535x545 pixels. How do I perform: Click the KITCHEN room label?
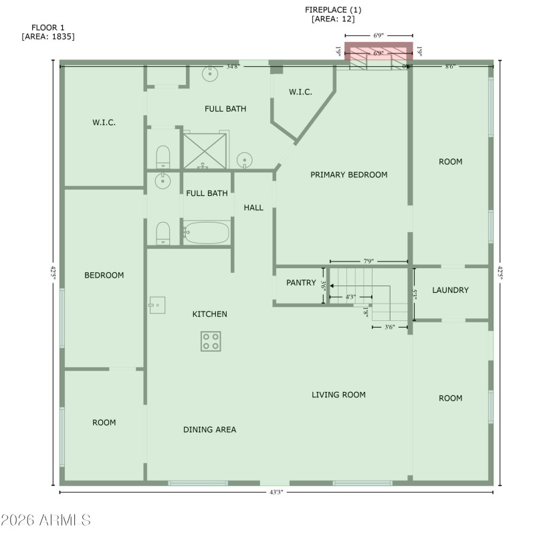pos(210,314)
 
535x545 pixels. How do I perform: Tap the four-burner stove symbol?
pos(211,341)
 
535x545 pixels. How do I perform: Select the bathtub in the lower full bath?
pos(207,233)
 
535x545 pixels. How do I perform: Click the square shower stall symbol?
pos(205,150)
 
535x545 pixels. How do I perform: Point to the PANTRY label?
pos(301,283)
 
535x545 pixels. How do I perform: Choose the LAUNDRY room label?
pos(450,290)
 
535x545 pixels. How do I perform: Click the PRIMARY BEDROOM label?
pos(349,175)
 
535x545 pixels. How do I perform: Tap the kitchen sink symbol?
pos(156,305)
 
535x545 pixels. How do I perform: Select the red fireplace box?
pos(379,52)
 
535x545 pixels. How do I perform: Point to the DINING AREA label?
pos(210,429)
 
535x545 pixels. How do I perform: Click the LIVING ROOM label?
pos(338,395)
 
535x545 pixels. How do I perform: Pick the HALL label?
pos(253,207)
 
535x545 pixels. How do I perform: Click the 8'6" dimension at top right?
pos(453,66)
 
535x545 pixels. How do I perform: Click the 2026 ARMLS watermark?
pos(46,520)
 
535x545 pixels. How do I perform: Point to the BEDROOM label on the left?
pos(104,275)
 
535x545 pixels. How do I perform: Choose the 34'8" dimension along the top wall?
pos(233,66)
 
